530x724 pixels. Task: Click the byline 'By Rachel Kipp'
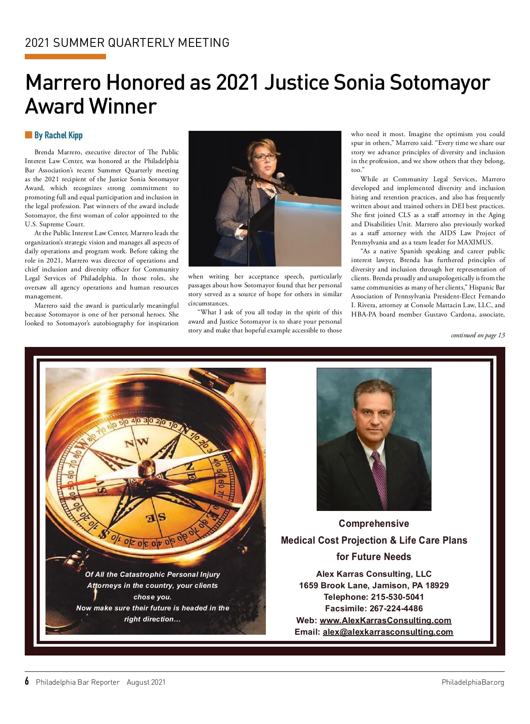(x=58, y=135)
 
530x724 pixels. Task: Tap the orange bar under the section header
(x=65, y=57)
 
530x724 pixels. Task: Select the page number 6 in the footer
(x=27, y=681)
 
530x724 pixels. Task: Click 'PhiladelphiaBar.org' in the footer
(x=473, y=682)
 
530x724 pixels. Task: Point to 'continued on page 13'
(x=477, y=335)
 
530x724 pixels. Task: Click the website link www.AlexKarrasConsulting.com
(x=385, y=620)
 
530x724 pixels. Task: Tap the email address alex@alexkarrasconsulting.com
(x=387, y=632)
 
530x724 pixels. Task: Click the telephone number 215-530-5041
(x=397, y=597)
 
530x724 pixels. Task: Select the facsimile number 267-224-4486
(x=397, y=608)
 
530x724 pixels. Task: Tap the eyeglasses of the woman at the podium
(x=265, y=156)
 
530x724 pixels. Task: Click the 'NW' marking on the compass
(x=136, y=442)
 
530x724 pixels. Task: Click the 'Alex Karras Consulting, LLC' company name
(x=374, y=574)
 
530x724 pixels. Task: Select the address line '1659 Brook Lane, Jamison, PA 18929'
(x=374, y=585)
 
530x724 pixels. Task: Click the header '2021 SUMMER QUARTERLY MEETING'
(x=127, y=43)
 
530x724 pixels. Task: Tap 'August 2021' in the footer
(x=146, y=682)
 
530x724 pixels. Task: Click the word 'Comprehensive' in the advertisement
(x=374, y=523)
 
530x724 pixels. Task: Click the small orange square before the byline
(x=29, y=135)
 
